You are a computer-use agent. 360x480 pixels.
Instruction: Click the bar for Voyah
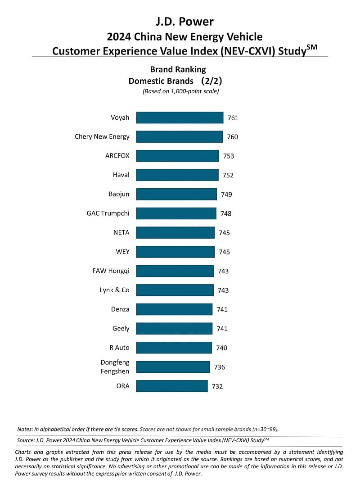(x=180, y=118)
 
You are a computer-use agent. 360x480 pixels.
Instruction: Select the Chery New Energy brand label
(x=102, y=137)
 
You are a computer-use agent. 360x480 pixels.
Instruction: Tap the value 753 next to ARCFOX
(x=229, y=156)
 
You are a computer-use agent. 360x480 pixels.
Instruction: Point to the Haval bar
(x=177, y=175)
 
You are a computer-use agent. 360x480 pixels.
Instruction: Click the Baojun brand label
(x=119, y=195)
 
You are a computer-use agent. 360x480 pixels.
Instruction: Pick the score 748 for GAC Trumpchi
(x=226, y=214)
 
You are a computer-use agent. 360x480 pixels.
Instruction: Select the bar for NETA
(x=175, y=233)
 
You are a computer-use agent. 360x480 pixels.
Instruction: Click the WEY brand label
(x=123, y=252)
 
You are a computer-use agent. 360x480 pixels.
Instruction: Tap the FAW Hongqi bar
(x=175, y=271)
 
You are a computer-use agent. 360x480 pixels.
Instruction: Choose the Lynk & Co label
(x=114, y=290)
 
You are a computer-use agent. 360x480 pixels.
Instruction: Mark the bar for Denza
(x=174, y=309)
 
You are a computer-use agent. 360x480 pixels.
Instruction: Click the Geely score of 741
(x=222, y=329)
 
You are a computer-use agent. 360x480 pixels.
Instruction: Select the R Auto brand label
(x=119, y=348)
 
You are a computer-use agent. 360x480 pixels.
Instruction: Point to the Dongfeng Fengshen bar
(x=173, y=367)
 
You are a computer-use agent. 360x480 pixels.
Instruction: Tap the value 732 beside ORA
(x=217, y=386)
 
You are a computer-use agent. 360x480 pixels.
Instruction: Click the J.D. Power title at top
(x=185, y=22)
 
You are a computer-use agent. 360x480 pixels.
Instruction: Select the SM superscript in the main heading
(x=312, y=47)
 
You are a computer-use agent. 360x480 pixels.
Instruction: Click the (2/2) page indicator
(x=211, y=81)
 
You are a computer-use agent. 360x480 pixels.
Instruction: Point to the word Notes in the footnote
(x=25, y=429)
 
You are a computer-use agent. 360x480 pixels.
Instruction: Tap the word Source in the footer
(x=26, y=440)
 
